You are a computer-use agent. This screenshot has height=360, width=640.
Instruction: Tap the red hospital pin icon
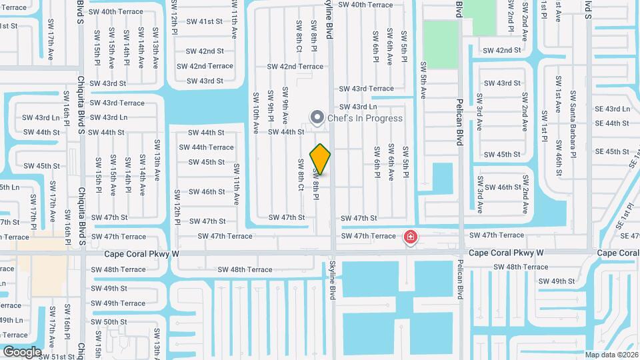411,237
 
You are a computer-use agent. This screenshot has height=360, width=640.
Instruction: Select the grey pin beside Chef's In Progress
317,119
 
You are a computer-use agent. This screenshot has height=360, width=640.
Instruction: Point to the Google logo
22,351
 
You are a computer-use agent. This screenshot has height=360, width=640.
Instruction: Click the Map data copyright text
612,355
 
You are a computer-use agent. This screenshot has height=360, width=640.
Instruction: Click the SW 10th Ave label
255,114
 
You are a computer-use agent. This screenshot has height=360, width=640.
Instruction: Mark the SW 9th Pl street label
271,108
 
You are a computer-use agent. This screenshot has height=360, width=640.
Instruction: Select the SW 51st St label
56,357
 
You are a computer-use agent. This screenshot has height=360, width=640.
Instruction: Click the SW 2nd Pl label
510,20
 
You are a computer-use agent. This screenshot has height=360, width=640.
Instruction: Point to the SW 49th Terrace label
119,303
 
